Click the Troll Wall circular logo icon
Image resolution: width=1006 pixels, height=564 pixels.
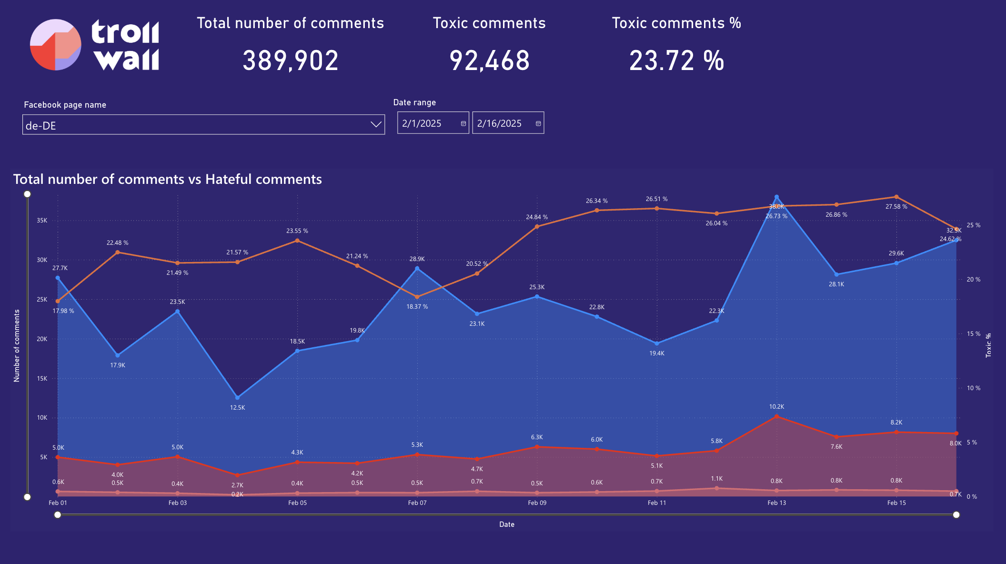pos(55,45)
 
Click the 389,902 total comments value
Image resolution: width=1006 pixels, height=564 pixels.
pos(291,61)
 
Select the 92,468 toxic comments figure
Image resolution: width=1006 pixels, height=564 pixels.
pos(490,61)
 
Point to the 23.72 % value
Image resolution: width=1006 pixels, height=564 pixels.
pos(676,61)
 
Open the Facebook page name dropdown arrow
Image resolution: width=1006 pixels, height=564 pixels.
pos(376,124)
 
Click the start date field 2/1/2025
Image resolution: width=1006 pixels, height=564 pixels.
pos(422,123)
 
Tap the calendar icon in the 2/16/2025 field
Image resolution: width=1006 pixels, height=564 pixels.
pos(538,123)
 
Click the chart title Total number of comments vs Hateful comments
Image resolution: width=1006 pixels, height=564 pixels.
pos(168,179)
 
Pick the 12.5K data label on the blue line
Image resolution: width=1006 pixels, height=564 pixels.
pos(237,408)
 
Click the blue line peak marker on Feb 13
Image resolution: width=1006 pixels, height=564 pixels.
pos(776,197)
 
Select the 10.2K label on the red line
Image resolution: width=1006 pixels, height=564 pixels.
pos(776,407)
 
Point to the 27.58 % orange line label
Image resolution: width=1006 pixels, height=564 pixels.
pos(896,207)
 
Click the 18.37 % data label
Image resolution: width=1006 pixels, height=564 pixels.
pos(417,307)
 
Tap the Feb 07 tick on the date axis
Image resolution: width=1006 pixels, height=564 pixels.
pos(417,503)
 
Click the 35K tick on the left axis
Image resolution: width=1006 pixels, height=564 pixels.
pos(42,221)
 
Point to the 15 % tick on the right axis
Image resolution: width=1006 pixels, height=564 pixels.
pos(973,334)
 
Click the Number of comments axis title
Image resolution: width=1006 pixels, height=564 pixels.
pos(17,345)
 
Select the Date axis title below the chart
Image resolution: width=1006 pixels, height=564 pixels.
pos(507,524)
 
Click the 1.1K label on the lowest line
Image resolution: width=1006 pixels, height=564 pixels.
pos(716,479)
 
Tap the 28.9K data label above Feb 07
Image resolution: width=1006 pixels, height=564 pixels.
pos(417,259)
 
